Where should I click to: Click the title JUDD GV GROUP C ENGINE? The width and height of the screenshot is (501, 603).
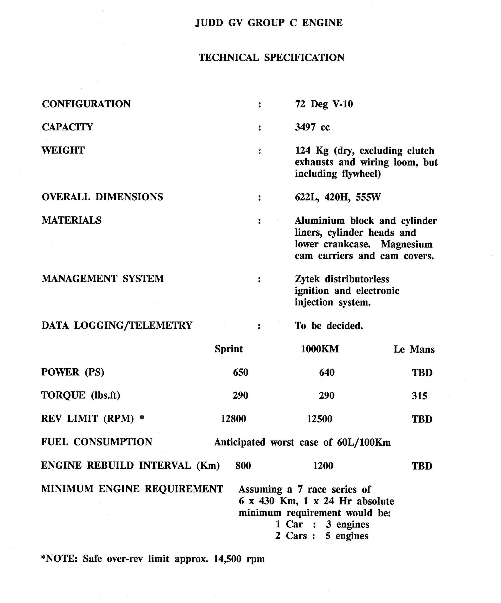coord(269,23)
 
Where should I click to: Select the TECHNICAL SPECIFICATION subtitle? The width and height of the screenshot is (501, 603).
coord(272,57)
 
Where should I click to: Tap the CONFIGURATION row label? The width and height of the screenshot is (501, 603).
coord(86,104)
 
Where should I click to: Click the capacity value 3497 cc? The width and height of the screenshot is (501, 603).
coord(312,127)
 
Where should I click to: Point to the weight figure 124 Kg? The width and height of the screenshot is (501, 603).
coord(312,150)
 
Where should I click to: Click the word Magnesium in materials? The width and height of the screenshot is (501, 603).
coord(407,244)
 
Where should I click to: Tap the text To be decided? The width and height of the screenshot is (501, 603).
coord(329,326)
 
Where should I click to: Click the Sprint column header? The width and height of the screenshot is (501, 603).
coord(229,349)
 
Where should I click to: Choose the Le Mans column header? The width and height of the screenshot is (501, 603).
coord(414,349)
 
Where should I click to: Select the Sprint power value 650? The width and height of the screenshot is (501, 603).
coord(240,372)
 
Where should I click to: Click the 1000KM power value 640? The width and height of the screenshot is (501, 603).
coord(327,372)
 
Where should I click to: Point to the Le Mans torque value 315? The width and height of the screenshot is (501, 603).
coord(419,396)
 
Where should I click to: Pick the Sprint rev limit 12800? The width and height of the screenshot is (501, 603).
coord(233,419)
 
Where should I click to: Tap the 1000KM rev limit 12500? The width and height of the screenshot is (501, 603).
coord(319,419)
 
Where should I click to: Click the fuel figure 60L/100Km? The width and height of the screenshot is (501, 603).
coord(364,442)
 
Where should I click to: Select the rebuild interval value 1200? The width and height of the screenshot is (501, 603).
coord(323,466)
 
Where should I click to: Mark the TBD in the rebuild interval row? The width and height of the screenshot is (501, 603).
coord(422,466)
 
